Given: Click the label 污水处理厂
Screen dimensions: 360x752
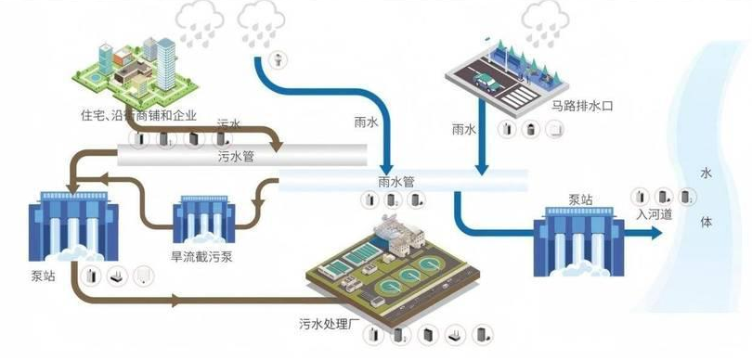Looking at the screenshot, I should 331,324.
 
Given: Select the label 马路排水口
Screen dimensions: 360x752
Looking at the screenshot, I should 583,107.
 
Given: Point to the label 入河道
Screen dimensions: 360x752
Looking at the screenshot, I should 655,214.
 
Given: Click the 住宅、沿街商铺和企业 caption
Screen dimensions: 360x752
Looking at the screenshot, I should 139,116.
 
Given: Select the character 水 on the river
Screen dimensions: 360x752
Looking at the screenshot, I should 706,174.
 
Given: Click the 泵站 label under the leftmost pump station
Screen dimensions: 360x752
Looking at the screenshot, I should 43,277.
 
